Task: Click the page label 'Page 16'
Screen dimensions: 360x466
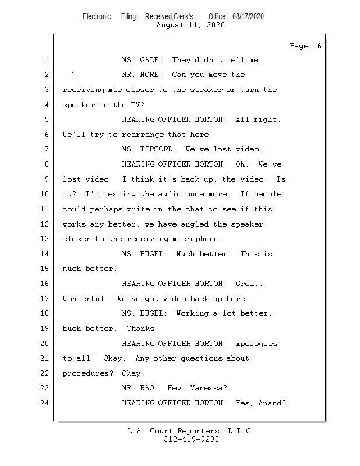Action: pyautogui.click(x=305, y=46)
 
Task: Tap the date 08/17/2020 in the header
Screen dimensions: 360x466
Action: pyautogui.click(x=248, y=17)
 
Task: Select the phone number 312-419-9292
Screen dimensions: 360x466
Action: pyautogui.click(x=192, y=439)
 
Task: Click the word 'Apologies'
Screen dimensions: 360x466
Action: pyautogui.click(x=256, y=344)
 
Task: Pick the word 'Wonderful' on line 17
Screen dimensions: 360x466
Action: pyautogui.click(x=83, y=298)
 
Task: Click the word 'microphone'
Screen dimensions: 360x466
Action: pyautogui.click(x=195, y=239)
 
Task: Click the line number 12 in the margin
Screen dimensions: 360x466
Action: pyautogui.click(x=45, y=224)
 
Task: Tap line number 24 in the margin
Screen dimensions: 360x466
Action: pyautogui.click(x=45, y=403)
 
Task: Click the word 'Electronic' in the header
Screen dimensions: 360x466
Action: pyautogui.click(x=97, y=17)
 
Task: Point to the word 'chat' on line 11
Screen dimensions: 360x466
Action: pyautogui.click(x=195, y=209)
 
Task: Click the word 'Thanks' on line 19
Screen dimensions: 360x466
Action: pyautogui.click(x=140, y=329)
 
